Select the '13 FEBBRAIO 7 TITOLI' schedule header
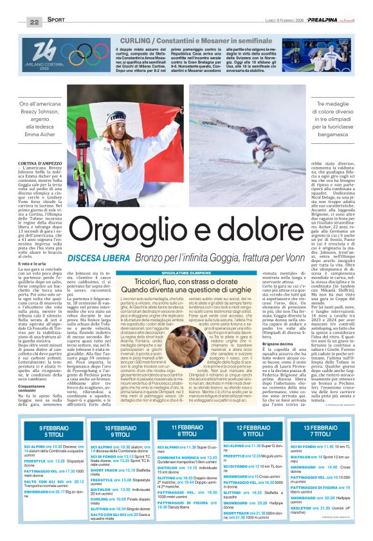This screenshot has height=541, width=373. click(320, 431)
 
